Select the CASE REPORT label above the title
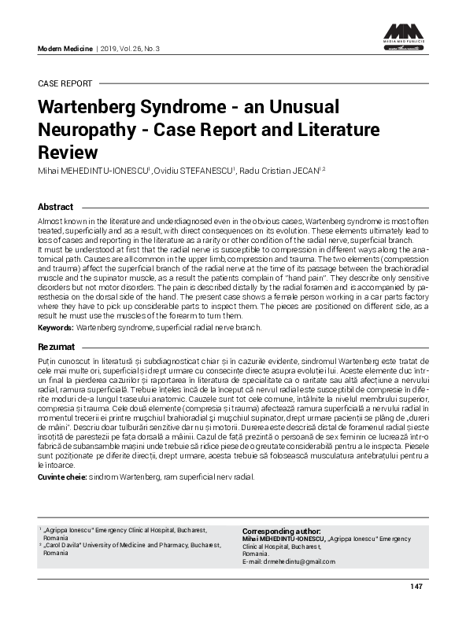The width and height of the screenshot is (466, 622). click(x=65, y=83)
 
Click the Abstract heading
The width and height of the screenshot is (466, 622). click(x=56, y=207)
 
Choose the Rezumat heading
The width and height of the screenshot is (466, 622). click(x=57, y=346)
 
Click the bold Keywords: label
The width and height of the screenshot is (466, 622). click(x=56, y=327)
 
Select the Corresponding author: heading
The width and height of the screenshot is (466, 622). click(x=281, y=531)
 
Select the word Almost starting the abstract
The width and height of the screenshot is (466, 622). click(x=50, y=223)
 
